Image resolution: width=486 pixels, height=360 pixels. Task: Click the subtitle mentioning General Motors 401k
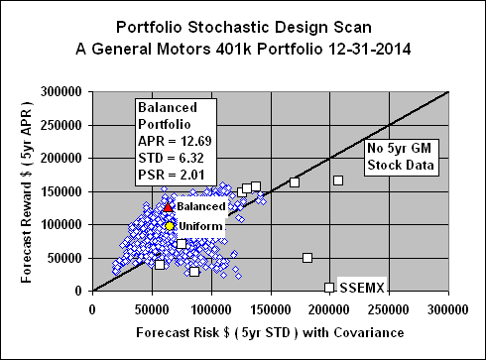pyautogui.click(x=242, y=47)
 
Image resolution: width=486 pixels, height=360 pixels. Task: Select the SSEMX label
pyautogui.click(x=362, y=288)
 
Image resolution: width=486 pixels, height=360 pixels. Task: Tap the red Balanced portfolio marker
pyautogui.click(x=169, y=207)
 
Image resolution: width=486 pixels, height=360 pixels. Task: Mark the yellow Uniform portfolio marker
pyautogui.click(x=170, y=226)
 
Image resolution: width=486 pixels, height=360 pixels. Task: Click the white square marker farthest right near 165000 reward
pyautogui.click(x=338, y=180)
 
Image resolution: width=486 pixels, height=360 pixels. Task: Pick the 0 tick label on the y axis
pyautogui.click(x=82, y=292)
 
